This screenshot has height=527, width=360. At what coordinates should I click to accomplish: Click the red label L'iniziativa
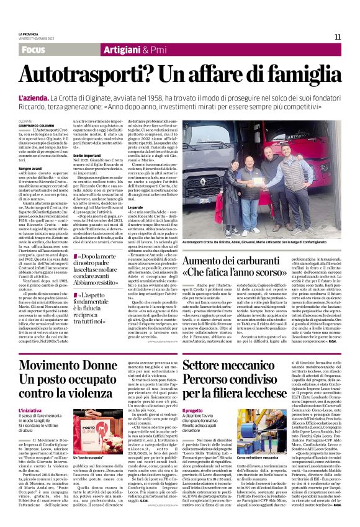(30, 394)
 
